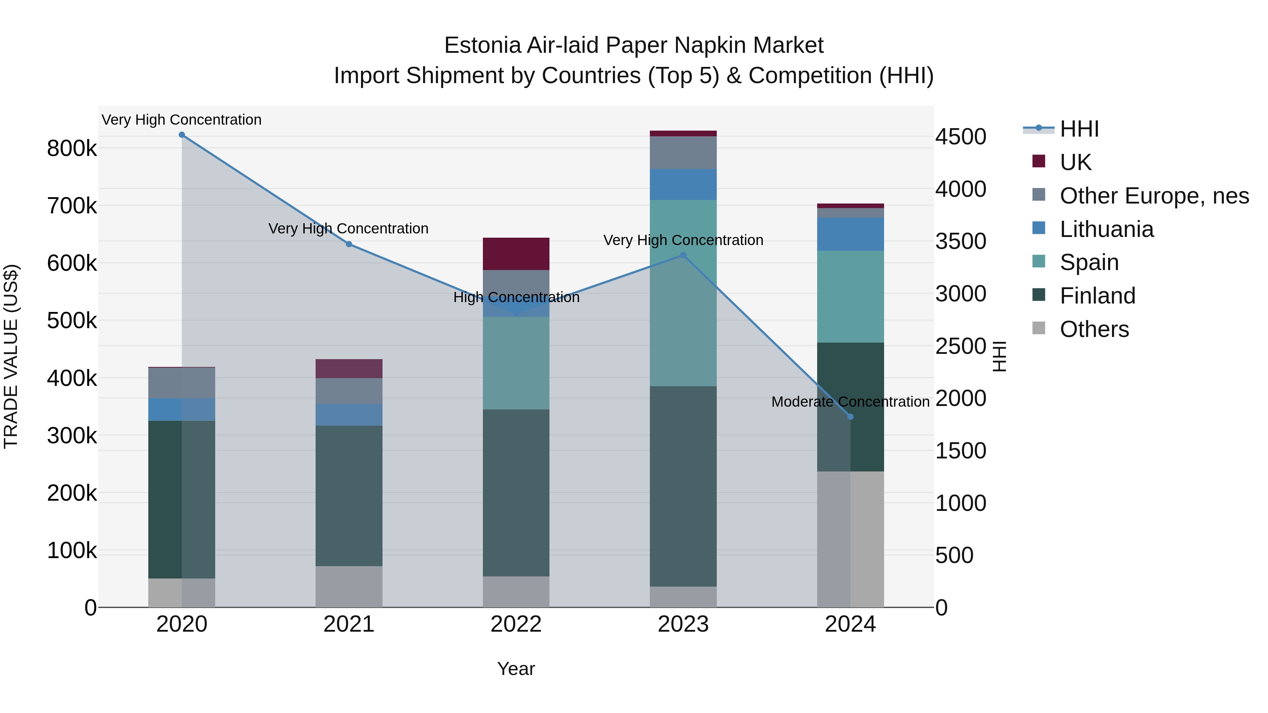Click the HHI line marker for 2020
click(x=182, y=135)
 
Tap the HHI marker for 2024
click(x=850, y=417)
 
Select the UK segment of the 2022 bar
click(x=516, y=254)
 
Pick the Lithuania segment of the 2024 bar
click(x=850, y=234)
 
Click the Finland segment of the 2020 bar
click(x=182, y=499)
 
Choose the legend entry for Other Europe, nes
click(x=1154, y=196)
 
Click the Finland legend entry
click(x=1097, y=296)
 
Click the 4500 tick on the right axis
click(x=961, y=137)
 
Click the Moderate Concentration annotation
click(x=850, y=402)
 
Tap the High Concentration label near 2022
click(x=516, y=297)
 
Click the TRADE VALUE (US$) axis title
click(x=11, y=356)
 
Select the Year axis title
click(x=516, y=669)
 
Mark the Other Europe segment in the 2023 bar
click(x=683, y=152)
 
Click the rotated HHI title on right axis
click(x=999, y=356)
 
